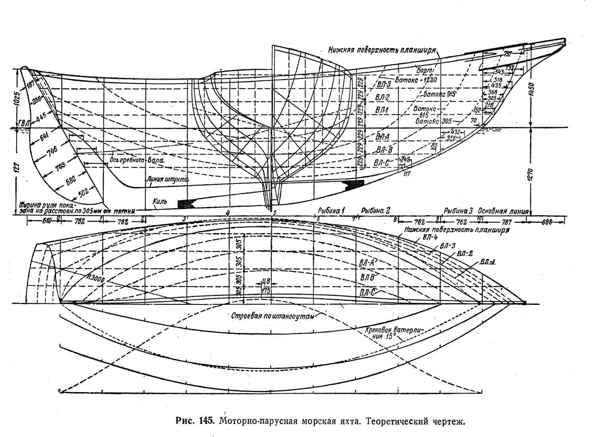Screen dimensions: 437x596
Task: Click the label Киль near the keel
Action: (x=160, y=201)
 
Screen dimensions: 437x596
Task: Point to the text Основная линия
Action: (x=503, y=211)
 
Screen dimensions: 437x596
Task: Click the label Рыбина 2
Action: (x=376, y=210)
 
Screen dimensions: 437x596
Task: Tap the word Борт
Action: (x=424, y=70)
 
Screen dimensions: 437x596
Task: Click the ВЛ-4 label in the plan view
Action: (x=422, y=237)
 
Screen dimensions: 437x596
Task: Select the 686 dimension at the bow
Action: (x=548, y=222)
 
